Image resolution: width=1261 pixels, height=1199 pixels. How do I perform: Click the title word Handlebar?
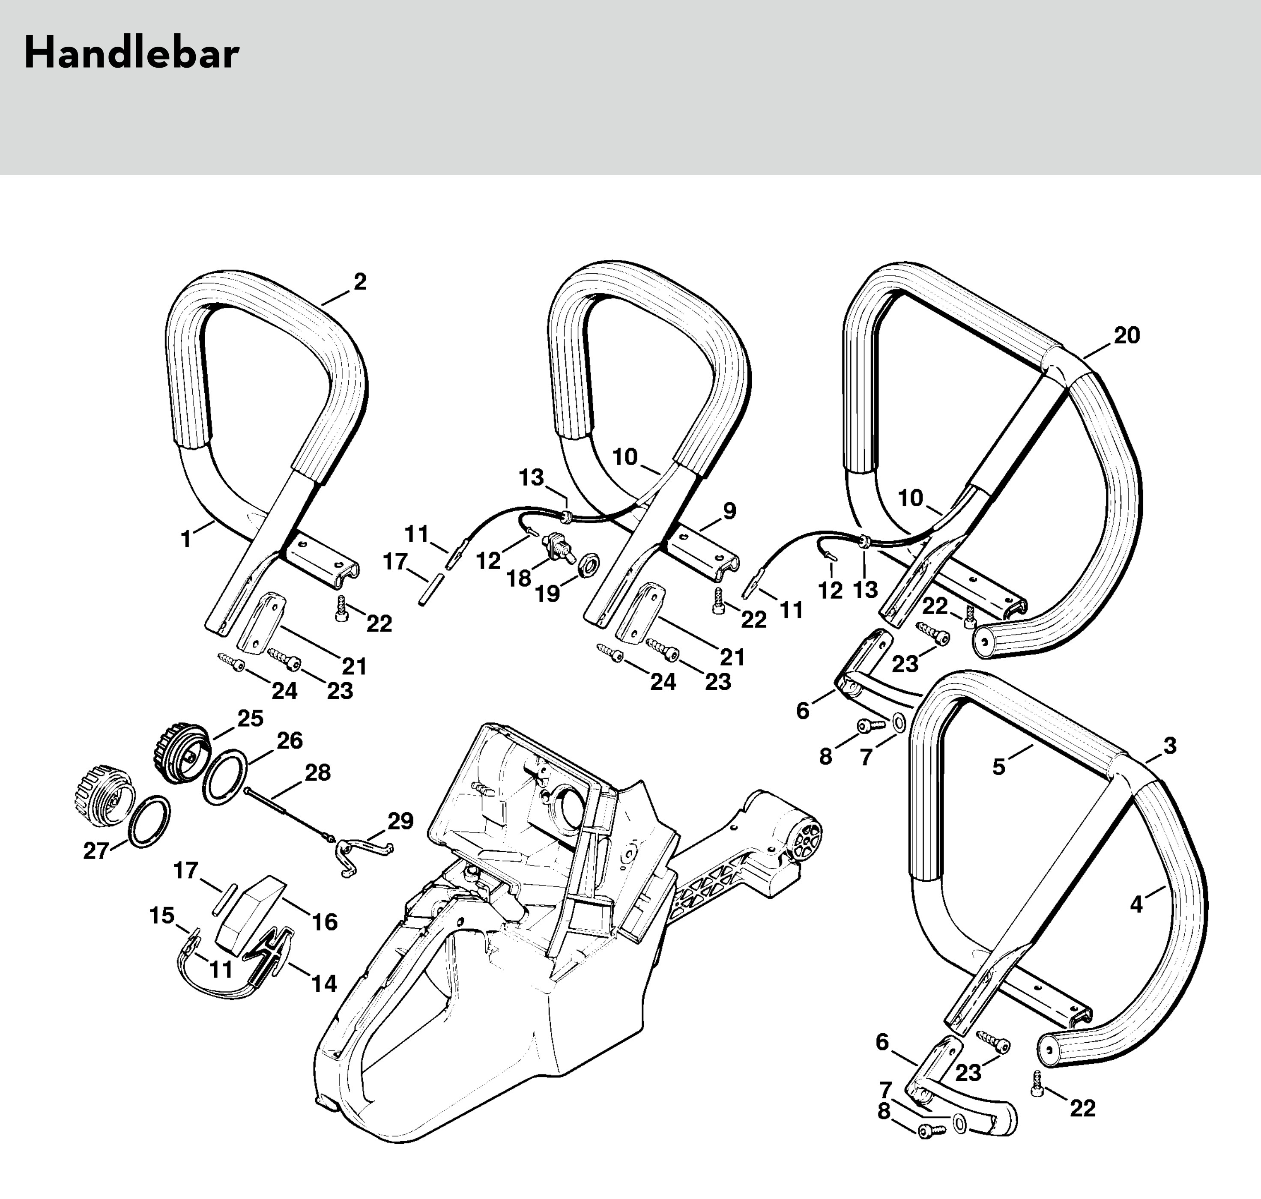click(x=131, y=54)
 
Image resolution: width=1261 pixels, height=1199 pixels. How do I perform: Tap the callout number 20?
click(x=1127, y=336)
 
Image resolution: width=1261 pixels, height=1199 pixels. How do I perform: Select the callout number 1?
click(x=186, y=540)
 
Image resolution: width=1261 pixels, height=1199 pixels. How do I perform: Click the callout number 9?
click(x=729, y=511)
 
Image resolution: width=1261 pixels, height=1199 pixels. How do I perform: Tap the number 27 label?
click(x=96, y=851)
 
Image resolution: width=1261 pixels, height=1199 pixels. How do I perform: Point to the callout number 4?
click(x=1136, y=904)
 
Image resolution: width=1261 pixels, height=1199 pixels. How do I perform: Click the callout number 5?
click(x=999, y=767)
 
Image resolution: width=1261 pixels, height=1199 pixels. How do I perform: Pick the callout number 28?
click(x=318, y=772)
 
